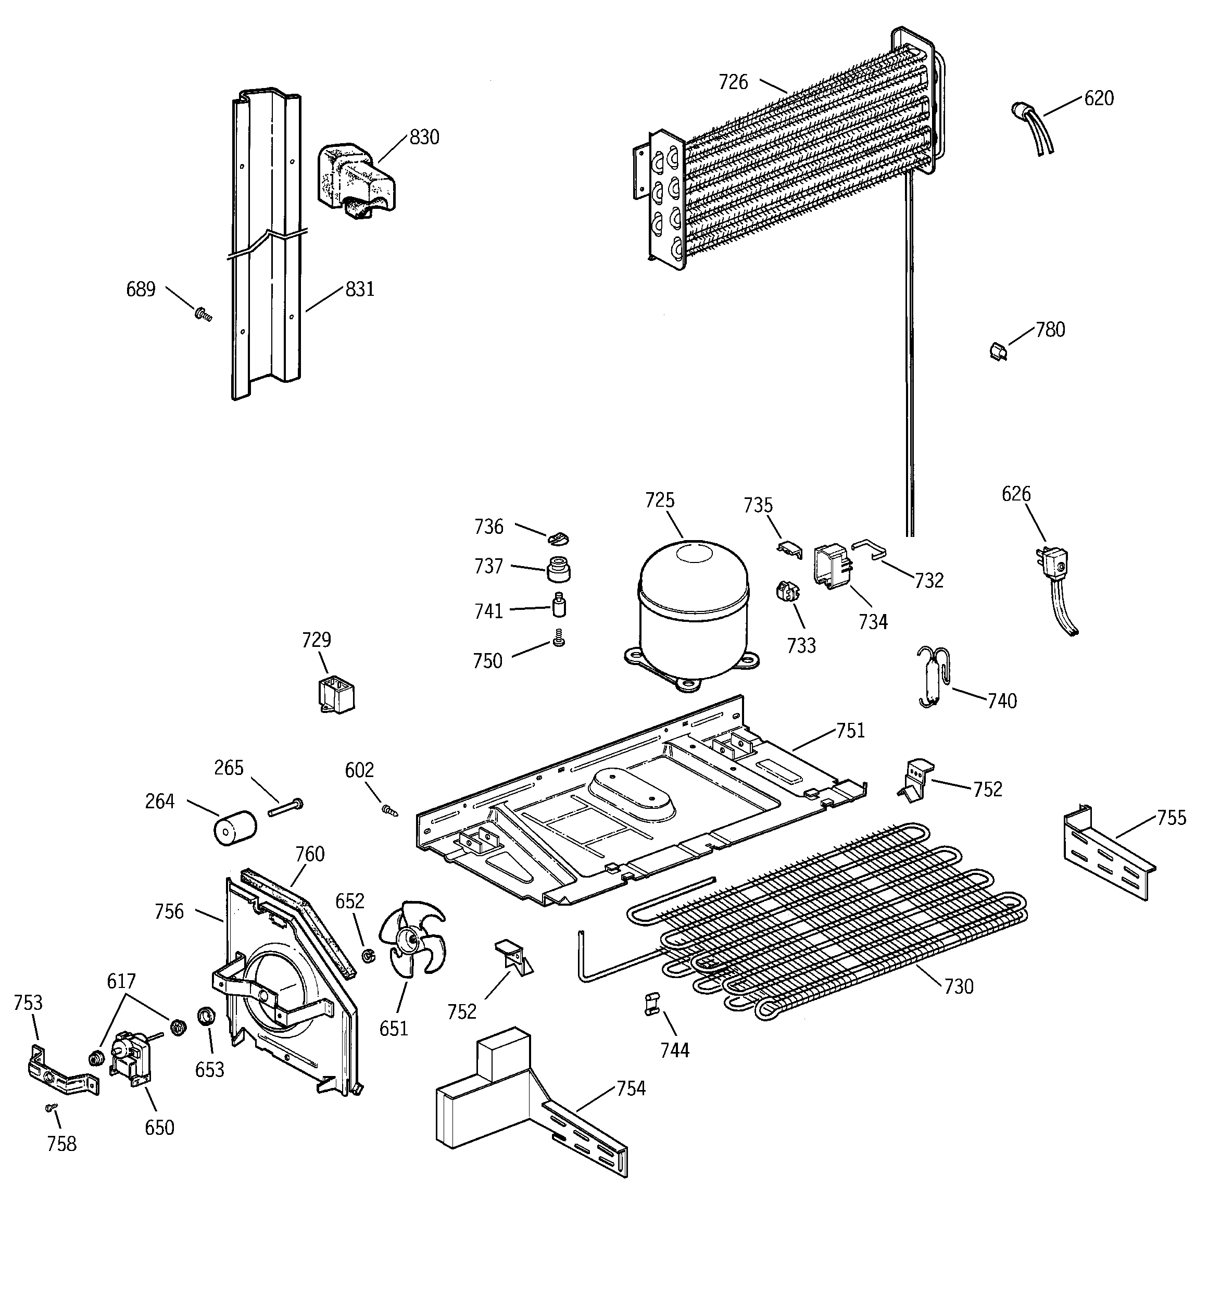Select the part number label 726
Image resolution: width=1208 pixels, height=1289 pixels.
(733, 82)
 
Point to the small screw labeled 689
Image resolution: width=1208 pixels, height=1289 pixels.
(204, 315)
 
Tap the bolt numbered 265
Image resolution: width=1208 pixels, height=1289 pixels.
(286, 807)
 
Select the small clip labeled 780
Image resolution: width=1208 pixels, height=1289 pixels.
(999, 352)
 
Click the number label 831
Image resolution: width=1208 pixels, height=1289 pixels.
(360, 289)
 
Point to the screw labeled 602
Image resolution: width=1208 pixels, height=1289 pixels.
(389, 810)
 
